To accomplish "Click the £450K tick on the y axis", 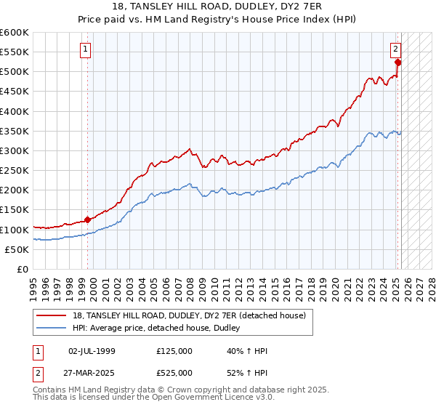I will click(15, 92).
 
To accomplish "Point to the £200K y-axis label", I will click(15, 190).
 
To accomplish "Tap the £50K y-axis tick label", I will click(17, 249).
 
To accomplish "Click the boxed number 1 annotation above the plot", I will click(85, 49).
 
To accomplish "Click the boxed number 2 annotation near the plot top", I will click(395, 49).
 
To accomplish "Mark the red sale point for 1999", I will click(87, 219).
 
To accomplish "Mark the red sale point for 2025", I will click(398, 63).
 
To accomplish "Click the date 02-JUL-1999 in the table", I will click(92, 351).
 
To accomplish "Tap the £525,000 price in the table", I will click(174, 373).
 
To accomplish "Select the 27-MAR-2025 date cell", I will click(92, 373).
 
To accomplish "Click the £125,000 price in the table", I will click(174, 351).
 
